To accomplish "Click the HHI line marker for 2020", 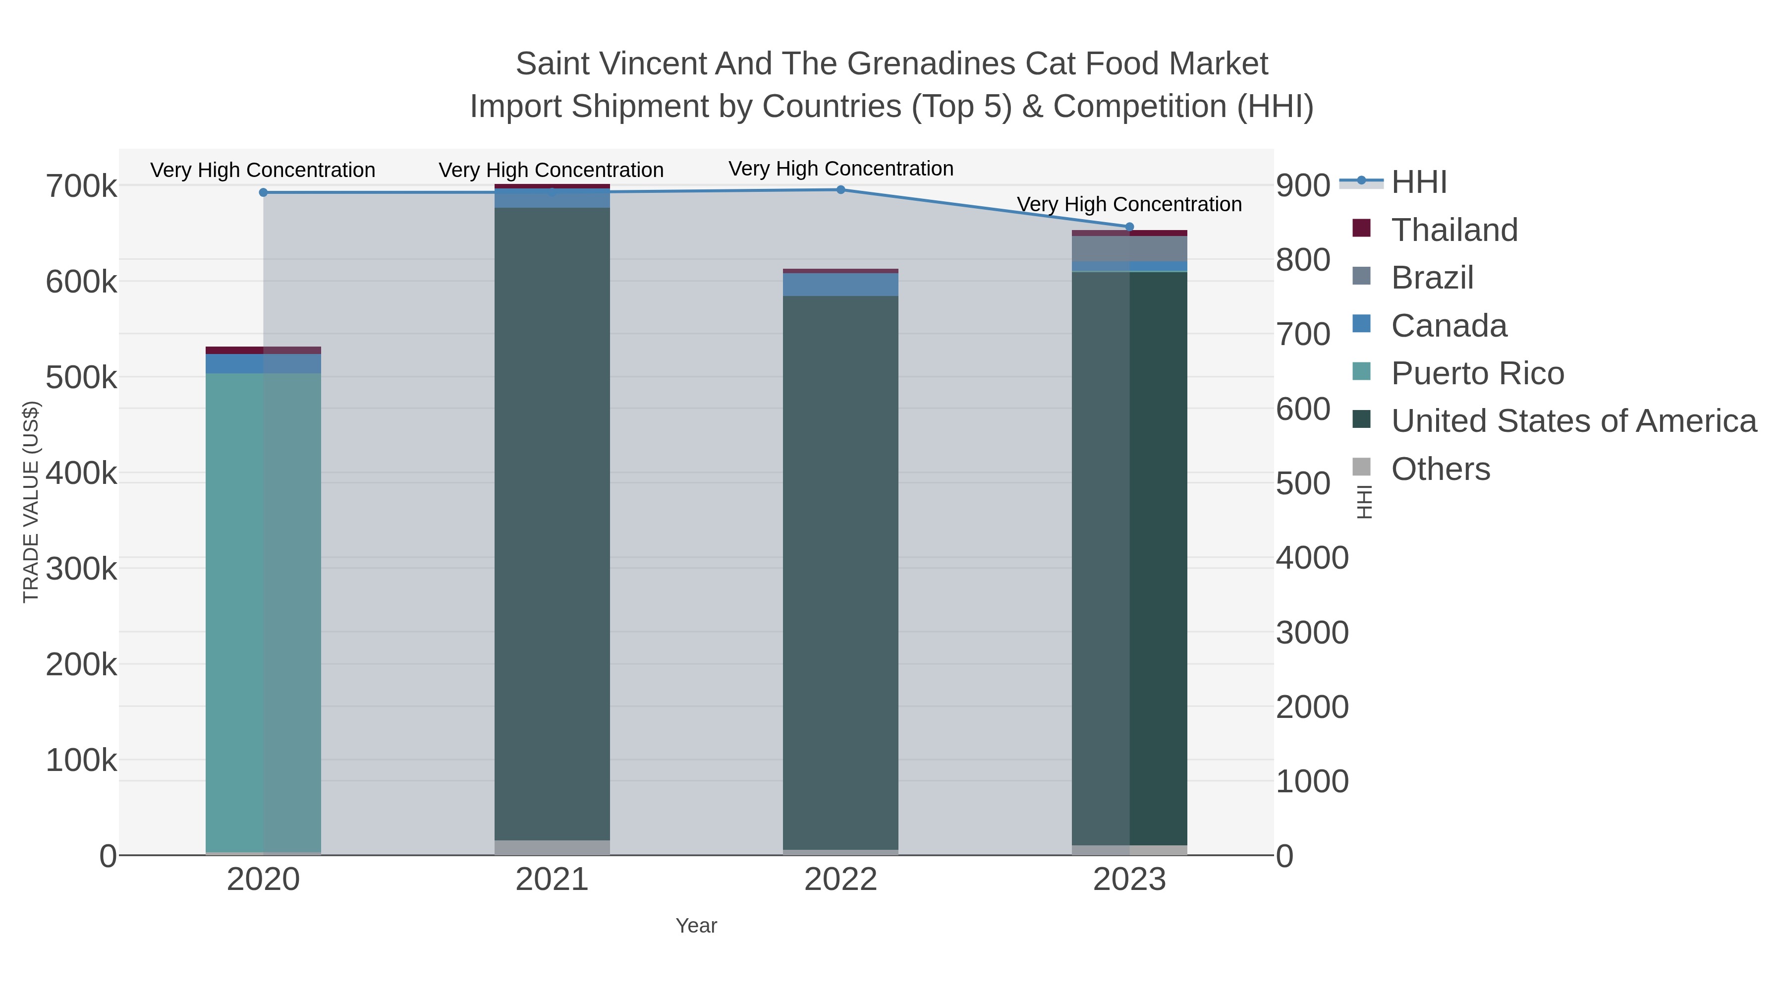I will (263, 193).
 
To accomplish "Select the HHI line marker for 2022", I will (841, 190).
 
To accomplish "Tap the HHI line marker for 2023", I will (1129, 227).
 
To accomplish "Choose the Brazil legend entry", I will (1432, 278).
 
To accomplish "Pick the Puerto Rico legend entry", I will (1477, 373).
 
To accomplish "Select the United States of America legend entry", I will (1573, 421).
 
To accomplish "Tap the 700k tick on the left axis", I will (81, 186).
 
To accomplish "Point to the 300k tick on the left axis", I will (81, 570).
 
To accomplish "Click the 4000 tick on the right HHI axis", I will (1312, 558).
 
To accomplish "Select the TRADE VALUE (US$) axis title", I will (31, 502).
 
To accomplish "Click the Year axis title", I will (696, 926).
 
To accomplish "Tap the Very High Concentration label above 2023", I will (1129, 204).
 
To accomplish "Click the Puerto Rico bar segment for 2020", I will (263, 610).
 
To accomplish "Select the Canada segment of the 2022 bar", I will (841, 285).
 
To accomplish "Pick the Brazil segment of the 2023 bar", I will (1129, 249).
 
